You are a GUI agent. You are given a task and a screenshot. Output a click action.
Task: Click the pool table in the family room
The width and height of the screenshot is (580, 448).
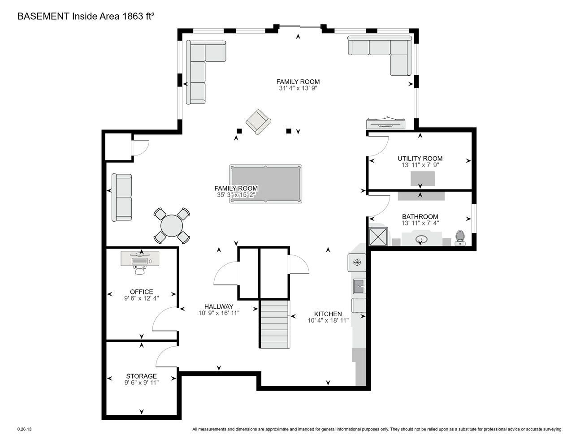pyautogui.click(x=266, y=184)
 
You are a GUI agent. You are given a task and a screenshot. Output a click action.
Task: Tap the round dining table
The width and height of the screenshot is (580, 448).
pyautogui.click(x=172, y=226)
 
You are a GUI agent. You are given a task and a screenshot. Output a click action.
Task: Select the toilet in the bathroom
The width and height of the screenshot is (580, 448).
pyautogui.click(x=460, y=238)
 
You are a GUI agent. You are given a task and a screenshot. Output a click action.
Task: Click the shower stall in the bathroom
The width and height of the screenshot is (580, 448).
pyautogui.click(x=378, y=236)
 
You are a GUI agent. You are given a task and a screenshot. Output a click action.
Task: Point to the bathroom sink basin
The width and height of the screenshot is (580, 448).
pyautogui.click(x=421, y=240)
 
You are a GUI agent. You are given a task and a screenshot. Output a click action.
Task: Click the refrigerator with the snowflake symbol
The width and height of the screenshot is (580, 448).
pyautogui.click(x=357, y=263)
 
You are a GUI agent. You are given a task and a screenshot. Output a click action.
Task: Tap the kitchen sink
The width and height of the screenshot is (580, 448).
pyautogui.click(x=359, y=286)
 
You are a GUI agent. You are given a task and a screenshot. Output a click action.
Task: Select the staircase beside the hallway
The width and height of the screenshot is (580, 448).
pyautogui.click(x=275, y=324)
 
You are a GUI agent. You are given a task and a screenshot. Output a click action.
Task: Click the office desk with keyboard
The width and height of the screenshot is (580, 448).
pyautogui.click(x=140, y=258)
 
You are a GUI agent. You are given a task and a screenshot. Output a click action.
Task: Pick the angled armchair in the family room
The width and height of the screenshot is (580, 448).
pyautogui.click(x=258, y=122)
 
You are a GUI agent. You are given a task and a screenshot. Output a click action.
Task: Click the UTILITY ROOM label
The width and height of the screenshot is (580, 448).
pyautogui.click(x=420, y=159)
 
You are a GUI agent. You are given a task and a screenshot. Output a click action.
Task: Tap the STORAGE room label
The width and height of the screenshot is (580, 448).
pyautogui.click(x=142, y=376)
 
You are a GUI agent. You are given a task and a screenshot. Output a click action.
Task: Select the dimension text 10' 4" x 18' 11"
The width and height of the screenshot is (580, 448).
pyautogui.click(x=328, y=320)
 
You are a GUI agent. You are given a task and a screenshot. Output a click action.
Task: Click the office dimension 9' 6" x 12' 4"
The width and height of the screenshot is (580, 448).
pyautogui.click(x=142, y=298)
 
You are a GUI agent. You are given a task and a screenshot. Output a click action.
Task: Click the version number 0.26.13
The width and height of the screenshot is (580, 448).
pyautogui.click(x=25, y=429)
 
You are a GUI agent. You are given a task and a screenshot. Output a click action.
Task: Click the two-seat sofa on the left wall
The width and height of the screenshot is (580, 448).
pyautogui.click(x=122, y=197)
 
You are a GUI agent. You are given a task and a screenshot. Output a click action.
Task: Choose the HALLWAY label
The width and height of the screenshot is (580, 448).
pyautogui.click(x=219, y=307)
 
